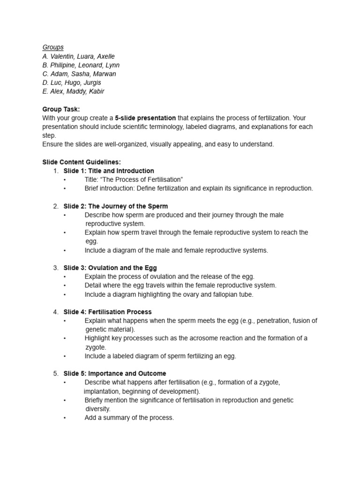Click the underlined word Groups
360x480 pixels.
(x=53, y=47)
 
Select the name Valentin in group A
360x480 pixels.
(x=62, y=56)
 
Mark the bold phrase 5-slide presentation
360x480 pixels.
(x=145, y=118)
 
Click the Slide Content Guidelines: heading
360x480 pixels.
(x=82, y=162)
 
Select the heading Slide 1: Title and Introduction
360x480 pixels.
(x=109, y=171)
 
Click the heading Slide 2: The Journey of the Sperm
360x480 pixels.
(x=115, y=206)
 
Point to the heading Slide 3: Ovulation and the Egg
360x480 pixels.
(x=110, y=268)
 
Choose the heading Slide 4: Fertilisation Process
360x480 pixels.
(x=107, y=312)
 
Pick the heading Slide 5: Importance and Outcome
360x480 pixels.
(x=114, y=374)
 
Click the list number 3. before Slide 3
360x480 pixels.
(x=55, y=268)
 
